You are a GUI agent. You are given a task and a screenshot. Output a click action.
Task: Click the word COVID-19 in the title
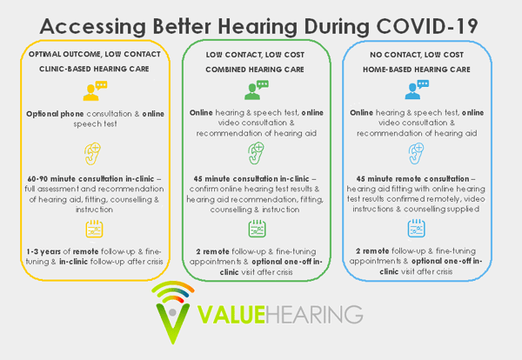click(x=427, y=26)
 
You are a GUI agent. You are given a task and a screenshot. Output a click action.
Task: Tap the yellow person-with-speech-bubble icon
click(x=95, y=90)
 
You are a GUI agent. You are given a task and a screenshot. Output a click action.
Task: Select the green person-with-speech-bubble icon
click(x=257, y=90)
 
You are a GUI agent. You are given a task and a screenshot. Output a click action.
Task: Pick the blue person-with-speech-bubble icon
click(x=417, y=90)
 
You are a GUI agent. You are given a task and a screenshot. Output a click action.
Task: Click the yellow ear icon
click(x=92, y=154)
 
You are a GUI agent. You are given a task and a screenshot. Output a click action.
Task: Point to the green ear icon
click(x=256, y=153)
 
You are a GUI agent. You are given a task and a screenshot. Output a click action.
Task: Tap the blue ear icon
click(x=416, y=153)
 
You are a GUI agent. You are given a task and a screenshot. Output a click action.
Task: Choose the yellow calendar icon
click(x=94, y=229)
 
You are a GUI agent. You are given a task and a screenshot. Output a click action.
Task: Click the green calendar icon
click(x=257, y=228)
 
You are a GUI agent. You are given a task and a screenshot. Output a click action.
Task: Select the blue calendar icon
click(x=417, y=228)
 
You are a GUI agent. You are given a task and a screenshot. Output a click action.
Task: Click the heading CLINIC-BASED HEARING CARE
click(x=94, y=69)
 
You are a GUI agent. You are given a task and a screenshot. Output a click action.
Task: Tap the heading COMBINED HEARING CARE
click(x=255, y=70)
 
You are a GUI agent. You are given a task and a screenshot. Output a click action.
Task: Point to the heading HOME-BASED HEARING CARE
click(x=417, y=70)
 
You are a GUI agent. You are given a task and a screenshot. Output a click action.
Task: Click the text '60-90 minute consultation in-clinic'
click(x=90, y=178)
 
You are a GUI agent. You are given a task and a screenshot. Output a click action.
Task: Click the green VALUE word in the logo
click(x=231, y=315)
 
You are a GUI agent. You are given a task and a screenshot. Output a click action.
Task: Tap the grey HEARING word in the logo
click(x=314, y=315)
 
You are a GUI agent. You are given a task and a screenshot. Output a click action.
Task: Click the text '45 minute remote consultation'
click(x=412, y=178)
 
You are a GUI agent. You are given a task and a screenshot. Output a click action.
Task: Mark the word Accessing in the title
click(x=92, y=27)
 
